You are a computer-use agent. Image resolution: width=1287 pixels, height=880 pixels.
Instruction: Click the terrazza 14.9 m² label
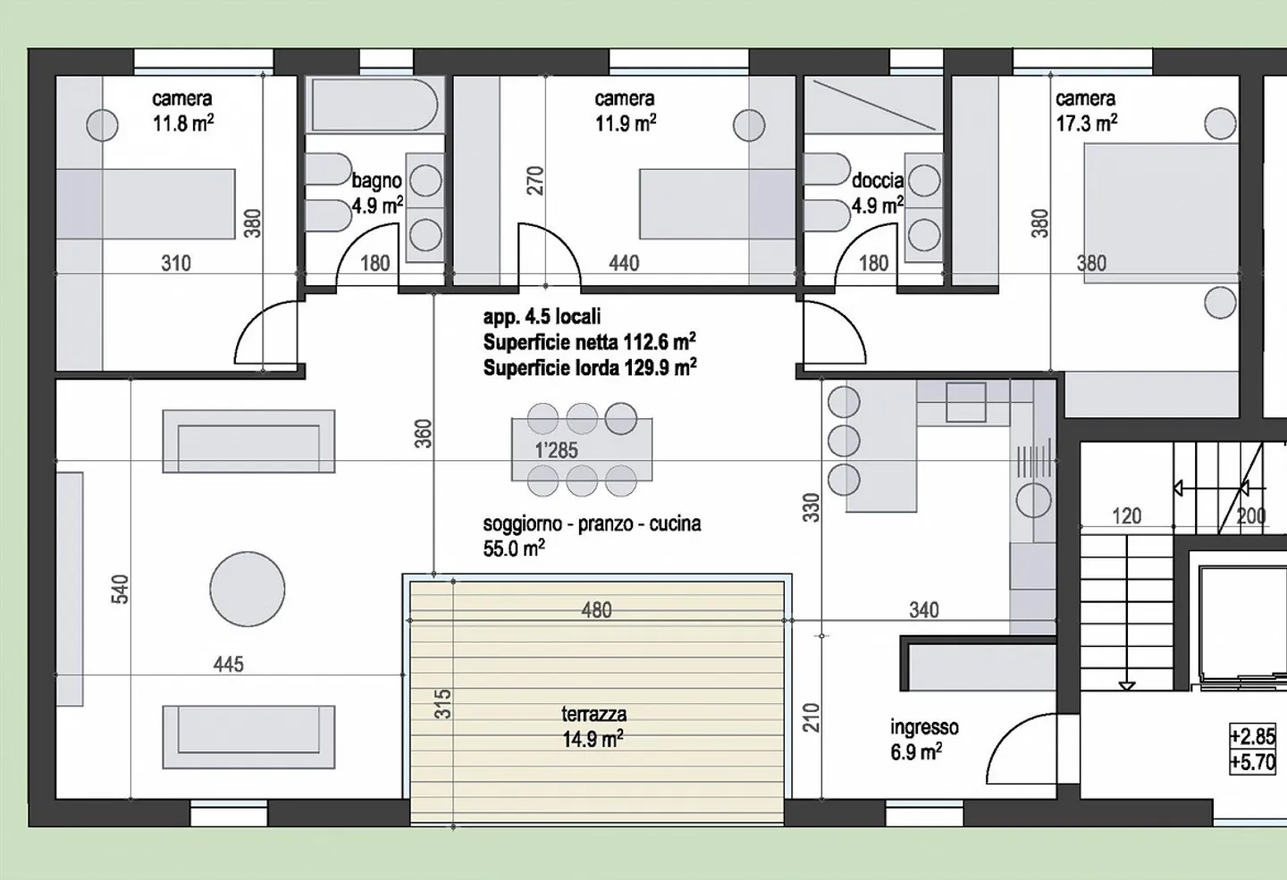coord(593,726)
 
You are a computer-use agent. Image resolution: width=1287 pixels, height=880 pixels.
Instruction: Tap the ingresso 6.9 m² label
coord(923,740)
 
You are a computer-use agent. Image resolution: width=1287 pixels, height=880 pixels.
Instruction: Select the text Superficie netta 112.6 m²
coord(589,342)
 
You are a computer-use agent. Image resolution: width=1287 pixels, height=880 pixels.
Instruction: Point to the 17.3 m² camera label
coord(1085,111)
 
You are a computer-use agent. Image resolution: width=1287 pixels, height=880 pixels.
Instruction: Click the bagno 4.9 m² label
coord(376,193)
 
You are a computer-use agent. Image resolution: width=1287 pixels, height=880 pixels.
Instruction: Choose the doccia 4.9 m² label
coord(877,193)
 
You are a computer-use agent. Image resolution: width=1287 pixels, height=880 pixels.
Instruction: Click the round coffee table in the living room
coord(248,590)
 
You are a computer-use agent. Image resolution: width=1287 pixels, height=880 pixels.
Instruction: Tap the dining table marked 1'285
coord(581,450)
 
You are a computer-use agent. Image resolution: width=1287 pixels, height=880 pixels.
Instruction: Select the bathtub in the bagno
coord(374,105)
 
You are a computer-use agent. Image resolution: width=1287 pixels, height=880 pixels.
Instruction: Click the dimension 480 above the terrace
coord(596,610)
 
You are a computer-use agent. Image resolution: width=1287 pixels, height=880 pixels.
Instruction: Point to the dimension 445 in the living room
coord(229,664)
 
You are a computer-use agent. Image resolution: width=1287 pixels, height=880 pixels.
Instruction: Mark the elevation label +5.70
coord(1252,763)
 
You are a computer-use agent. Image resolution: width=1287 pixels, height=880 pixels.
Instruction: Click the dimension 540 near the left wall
coord(121,590)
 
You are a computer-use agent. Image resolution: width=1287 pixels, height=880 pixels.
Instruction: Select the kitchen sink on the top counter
coord(965,402)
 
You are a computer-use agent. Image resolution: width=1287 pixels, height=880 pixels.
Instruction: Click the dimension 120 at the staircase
coord(1126,515)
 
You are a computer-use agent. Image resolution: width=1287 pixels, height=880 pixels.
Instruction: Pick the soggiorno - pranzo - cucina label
coord(592,535)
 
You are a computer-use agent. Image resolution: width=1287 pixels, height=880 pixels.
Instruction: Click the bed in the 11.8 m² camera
coord(146,204)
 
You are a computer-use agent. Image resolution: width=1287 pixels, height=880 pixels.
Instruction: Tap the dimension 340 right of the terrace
coord(923,610)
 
